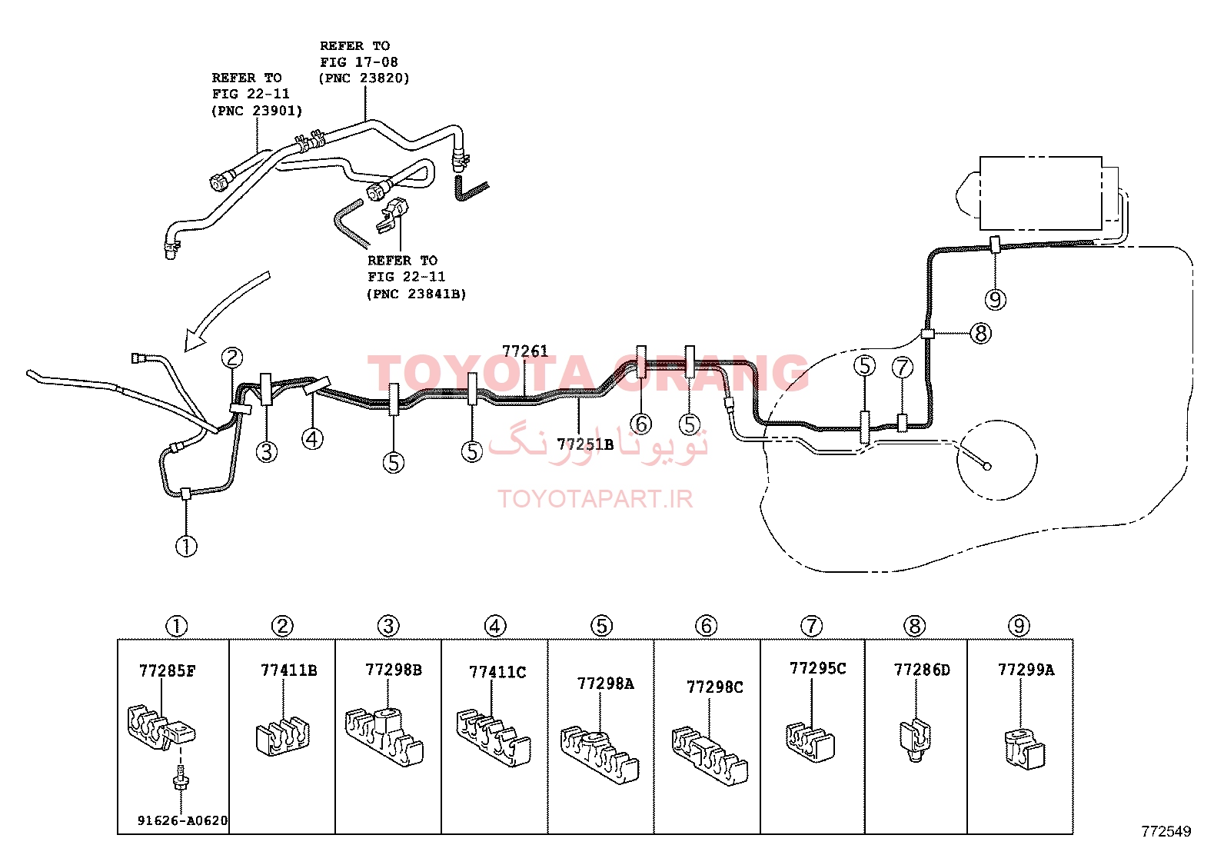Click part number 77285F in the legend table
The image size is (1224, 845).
coord(167,670)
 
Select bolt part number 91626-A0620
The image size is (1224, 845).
coord(182,820)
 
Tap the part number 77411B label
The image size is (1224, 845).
coord(288,670)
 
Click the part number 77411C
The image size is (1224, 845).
coord(497,672)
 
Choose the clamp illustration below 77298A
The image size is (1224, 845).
coord(599,755)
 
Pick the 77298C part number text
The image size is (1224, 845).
coord(715,687)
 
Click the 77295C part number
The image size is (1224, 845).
coord(817,668)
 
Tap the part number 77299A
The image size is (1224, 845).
coord(1026,670)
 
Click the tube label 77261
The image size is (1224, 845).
coord(524,351)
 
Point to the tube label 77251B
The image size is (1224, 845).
coord(584,444)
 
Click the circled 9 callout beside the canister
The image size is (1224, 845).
coord(995,300)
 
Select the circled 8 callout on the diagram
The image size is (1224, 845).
coord(980,333)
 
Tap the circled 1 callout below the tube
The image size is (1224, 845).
coord(186,546)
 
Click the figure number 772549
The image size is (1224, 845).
coord(1166,831)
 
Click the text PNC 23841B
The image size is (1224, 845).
coord(417,294)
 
